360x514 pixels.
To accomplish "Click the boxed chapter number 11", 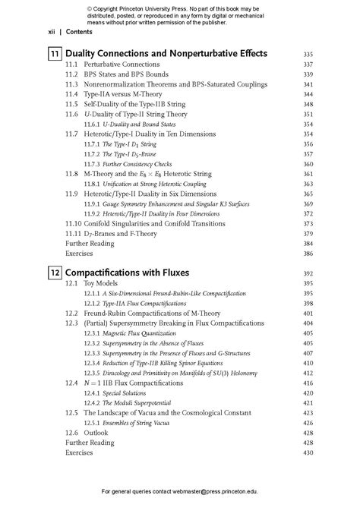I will pos(55,55).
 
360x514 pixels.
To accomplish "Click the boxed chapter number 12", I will pos(55,272).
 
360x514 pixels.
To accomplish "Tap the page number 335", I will pos(308,55).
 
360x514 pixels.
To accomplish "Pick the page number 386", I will pos(308,254).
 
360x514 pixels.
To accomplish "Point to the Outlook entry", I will pos(96,433).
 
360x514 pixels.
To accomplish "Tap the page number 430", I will pos(308,453).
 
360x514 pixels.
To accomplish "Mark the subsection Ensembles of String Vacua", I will pos(137,423).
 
